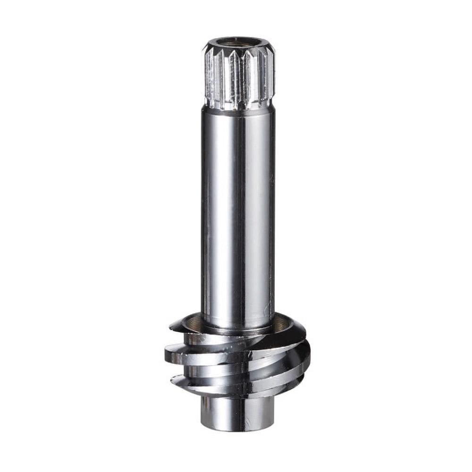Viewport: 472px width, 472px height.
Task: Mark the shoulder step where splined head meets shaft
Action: (238, 108)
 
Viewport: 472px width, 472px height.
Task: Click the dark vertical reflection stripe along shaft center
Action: (240, 212)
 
